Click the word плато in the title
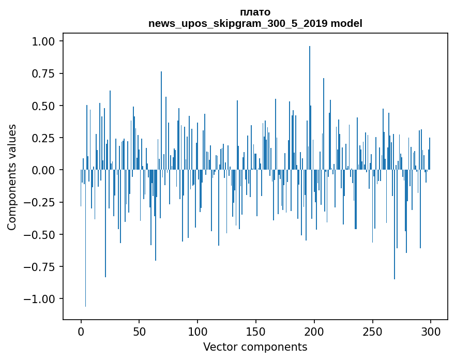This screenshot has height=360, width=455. (255, 12)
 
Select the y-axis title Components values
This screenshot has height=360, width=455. (11, 177)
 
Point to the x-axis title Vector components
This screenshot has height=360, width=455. (255, 347)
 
